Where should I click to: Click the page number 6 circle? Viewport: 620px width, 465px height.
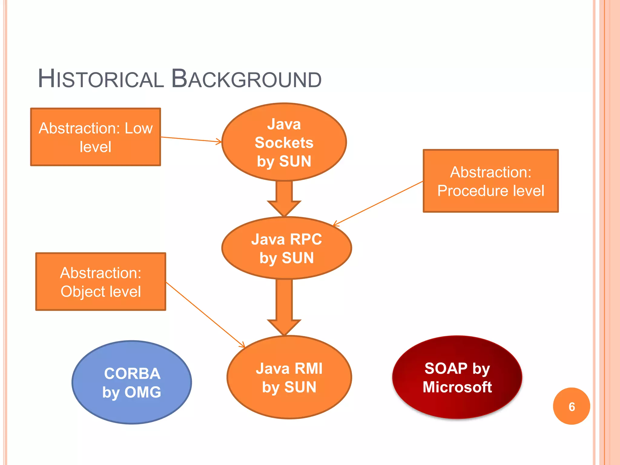point(571,407)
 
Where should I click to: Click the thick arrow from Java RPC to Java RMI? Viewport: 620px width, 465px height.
point(284,306)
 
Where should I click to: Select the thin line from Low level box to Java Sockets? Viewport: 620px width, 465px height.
point(191,140)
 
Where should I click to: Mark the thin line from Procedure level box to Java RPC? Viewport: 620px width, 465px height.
point(378,203)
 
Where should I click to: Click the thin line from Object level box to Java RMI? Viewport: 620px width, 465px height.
point(206,315)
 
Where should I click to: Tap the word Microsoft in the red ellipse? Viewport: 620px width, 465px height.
point(457,387)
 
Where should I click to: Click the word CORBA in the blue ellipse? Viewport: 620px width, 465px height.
point(132,374)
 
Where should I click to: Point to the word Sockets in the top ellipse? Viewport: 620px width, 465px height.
point(284,143)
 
